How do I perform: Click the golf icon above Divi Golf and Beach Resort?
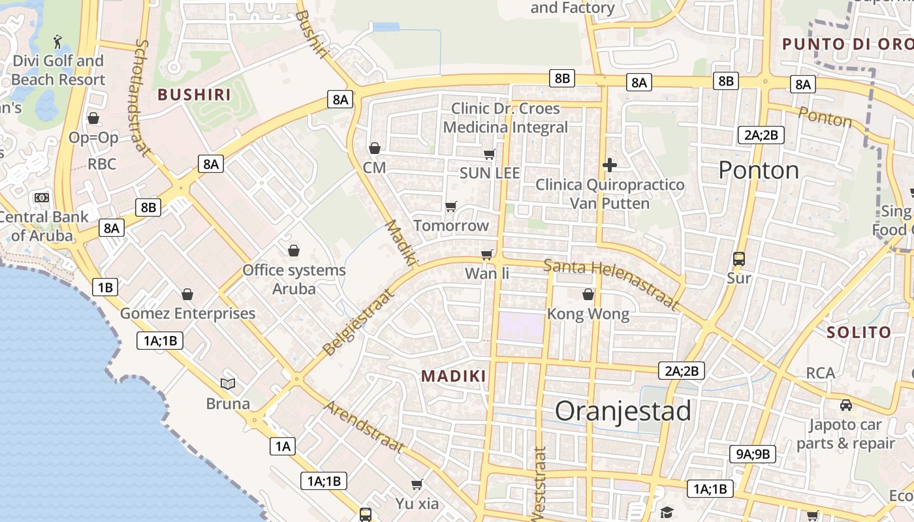coord(58,42)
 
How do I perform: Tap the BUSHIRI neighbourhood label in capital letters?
coord(195,95)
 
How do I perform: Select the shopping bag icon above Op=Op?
coord(93,118)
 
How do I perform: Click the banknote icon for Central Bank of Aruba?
coord(42,197)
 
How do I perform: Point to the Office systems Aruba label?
coord(294,279)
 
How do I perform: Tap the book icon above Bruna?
coord(228,384)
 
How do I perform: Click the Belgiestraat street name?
coord(359,322)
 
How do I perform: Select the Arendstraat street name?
coord(364,427)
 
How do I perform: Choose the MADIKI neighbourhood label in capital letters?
coord(454,376)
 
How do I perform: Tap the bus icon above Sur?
coord(739,259)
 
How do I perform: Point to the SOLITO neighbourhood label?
coord(859,332)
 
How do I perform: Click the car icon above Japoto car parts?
coord(846,405)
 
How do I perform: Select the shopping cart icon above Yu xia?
coord(417,484)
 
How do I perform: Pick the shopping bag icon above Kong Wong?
coord(588,294)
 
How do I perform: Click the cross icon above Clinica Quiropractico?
coord(610,165)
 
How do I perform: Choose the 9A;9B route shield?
coord(752,454)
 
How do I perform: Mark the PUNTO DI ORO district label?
coord(847,44)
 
